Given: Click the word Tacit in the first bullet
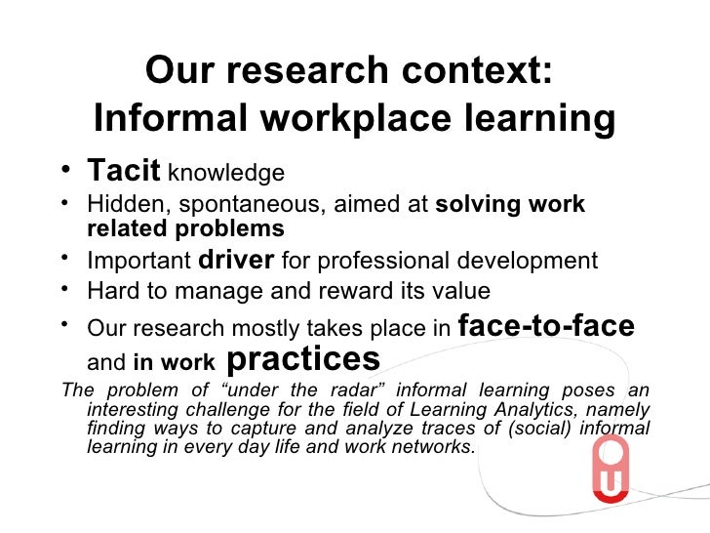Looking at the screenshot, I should (x=123, y=172).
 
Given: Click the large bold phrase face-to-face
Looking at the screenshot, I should (x=545, y=325).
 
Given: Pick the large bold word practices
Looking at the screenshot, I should (x=302, y=358).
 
